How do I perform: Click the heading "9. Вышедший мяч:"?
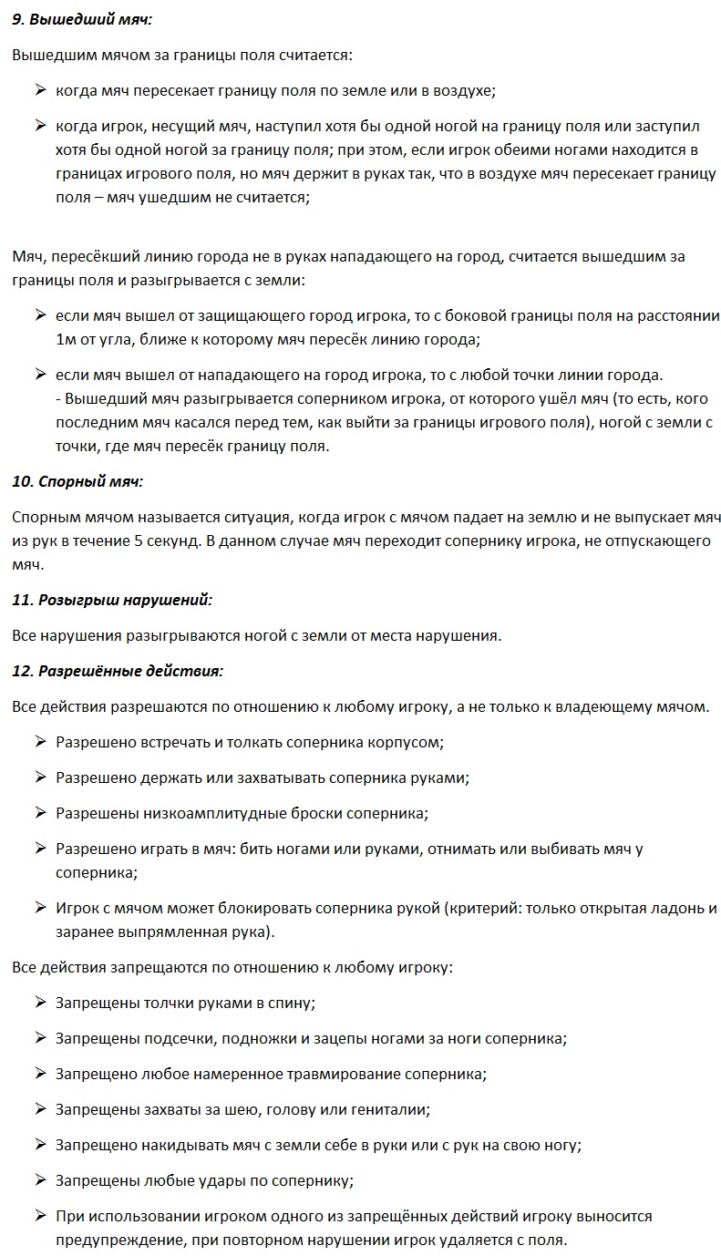(82, 19)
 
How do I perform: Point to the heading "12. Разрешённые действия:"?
(118, 671)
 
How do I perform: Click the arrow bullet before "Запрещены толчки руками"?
(41, 1003)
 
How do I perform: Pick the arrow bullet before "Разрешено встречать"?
(41, 742)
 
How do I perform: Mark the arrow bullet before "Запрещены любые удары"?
(41, 1180)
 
